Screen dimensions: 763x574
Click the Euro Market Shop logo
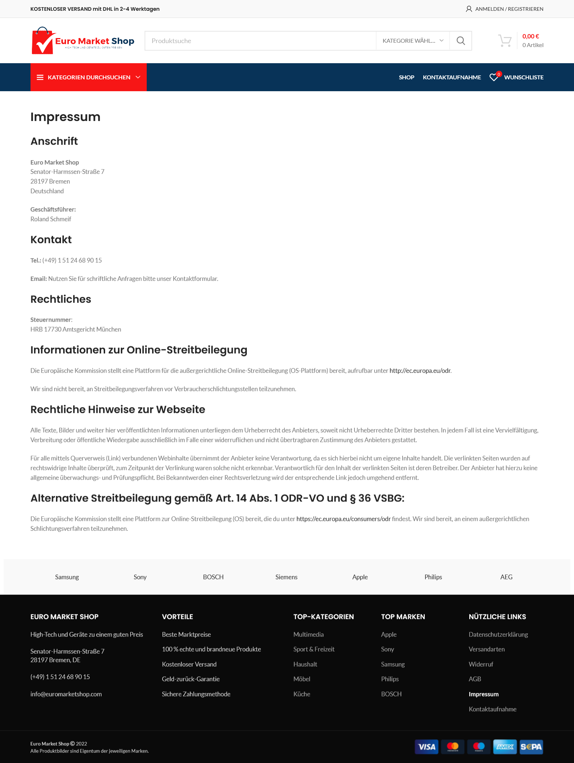coord(83,41)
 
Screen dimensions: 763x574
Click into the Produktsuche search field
coord(260,41)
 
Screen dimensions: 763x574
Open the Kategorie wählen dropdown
coord(413,41)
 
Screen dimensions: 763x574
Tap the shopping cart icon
coord(505,41)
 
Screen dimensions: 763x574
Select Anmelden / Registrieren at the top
coord(505,9)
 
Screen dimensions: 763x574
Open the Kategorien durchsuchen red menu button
coord(89,77)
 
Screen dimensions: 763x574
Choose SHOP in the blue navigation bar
coord(406,77)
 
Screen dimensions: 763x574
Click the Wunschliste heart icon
coord(494,77)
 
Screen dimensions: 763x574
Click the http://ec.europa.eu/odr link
coord(420,371)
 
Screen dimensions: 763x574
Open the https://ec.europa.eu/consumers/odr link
coord(343,519)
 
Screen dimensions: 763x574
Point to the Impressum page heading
coord(65,117)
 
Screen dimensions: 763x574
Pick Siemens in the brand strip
coord(286,577)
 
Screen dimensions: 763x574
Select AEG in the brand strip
coord(506,577)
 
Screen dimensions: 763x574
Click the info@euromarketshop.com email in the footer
coord(66,694)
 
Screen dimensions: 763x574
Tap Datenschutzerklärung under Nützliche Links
coord(498,634)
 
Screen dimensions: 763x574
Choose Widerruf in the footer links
coord(481,664)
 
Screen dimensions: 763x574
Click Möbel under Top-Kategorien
coord(302,679)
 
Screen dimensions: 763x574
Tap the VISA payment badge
coord(427,747)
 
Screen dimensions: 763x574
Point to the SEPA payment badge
coord(531,747)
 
